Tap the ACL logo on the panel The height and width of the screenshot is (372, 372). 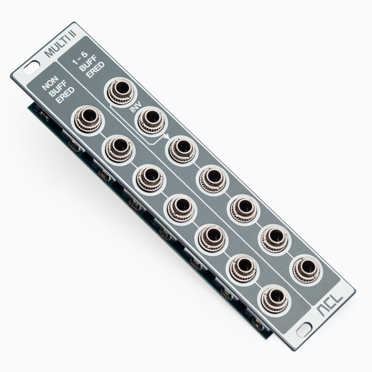330,305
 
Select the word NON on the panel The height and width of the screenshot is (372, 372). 50,83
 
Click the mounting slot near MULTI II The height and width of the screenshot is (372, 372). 31,67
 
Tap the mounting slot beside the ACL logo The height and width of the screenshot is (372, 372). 304,330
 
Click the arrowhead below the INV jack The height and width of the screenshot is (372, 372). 167,136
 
